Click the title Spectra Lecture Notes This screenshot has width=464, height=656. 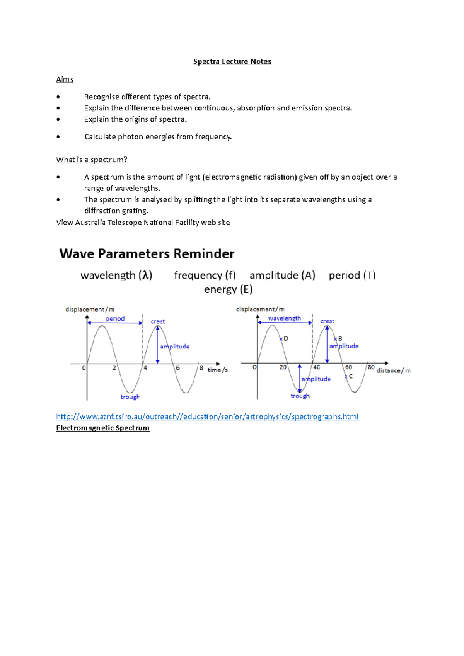pyautogui.click(x=232, y=61)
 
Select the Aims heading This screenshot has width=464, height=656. pyautogui.click(x=65, y=80)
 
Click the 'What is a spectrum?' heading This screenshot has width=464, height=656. pyautogui.click(x=92, y=160)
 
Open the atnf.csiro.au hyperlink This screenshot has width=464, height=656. pyautogui.click(x=207, y=416)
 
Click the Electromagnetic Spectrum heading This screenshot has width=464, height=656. pyautogui.click(x=102, y=428)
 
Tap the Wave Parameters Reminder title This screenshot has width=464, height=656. pyautogui.click(x=147, y=254)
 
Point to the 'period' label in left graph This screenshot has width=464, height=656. pyautogui.click(x=115, y=319)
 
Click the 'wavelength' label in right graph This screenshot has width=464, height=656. pyautogui.click(x=284, y=318)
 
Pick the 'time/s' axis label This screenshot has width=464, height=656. pyautogui.click(x=217, y=370)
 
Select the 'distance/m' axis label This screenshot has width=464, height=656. pyautogui.click(x=393, y=370)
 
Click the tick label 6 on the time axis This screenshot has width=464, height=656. pyautogui.click(x=178, y=368)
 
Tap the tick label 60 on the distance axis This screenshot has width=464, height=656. pyautogui.click(x=348, y=367)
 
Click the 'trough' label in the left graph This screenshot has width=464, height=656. pyautogui.click(x=130, y=397)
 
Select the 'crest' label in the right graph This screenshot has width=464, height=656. pyautogui.click(x=327, y=321)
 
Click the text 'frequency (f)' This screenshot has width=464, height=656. pyautogui.click(x=205, y=275)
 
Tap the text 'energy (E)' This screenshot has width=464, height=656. pyautogui.click(x=228, y=289)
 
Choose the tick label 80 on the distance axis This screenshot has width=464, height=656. pyautogui.click(x=371, y=367)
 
